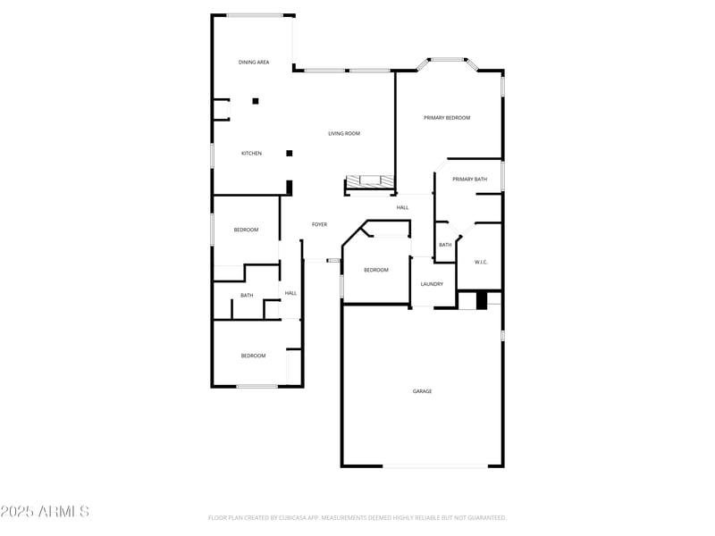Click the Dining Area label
[x=254, y=63]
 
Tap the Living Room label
[x=344, y=134]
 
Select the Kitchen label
[x=252, y=154]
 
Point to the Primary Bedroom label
[x=447, y=118]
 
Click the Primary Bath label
[x=469, y=180]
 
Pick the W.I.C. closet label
[x=480, y=262]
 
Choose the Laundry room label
[x=433, y=284]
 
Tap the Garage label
[x=423, y=391]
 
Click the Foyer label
[x=319, y=224]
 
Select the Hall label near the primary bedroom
[x=403, y=207]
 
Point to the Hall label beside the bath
[x=290, y=293]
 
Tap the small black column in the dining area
[x=256, y=101]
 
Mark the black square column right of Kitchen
[x=290, y=153]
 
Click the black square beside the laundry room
[x=482, y=301]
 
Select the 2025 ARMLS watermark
[x=45, y=512]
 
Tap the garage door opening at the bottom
[x=436, y=465]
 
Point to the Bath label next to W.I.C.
[x=444, y=246]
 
